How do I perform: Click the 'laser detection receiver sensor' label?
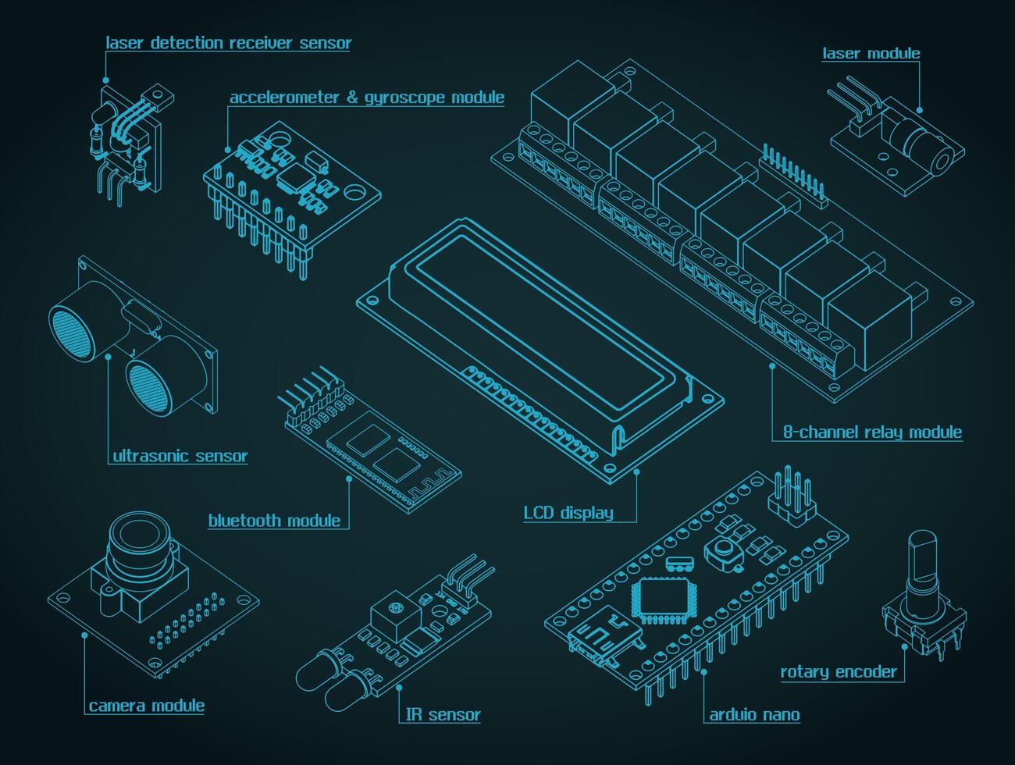(x=228, y=43)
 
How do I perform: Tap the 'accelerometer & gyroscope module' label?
(x=366, y=98)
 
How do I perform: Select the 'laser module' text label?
(x=871, y=53)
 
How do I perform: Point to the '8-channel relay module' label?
(x=872, y=432)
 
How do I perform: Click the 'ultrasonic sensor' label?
(x=180, y=456)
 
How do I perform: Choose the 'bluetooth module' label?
(x=274, y=520)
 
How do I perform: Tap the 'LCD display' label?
(x=568, y=513)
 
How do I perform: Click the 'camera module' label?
(x=146, y=706)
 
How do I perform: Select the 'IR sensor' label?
(x=443, y=714)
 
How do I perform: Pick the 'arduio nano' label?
(x=754, y=714)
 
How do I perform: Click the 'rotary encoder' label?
(x=838, y=671)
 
